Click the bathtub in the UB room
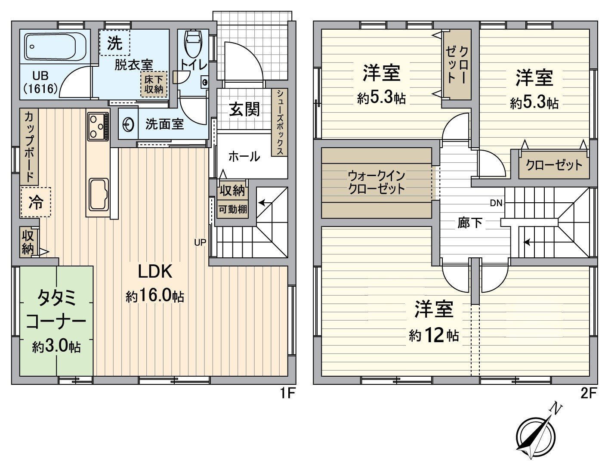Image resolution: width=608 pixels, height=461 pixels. coord(56,46)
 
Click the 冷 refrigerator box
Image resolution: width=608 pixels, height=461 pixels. coord(36,202)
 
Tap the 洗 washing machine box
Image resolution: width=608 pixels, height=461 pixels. coord(114,43)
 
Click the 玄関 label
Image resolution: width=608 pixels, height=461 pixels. coord(244,109)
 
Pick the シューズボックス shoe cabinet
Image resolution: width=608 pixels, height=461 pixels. coord(280,123)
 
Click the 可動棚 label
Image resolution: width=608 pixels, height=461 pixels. coord(233,210)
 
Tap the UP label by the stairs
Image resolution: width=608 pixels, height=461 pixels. coord(200,242)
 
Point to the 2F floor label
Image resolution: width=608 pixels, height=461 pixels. coord(588,393)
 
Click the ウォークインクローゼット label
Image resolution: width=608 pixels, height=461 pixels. coord(377,182)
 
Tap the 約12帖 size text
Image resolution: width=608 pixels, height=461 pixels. coord(433,335)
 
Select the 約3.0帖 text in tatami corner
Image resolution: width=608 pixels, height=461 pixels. coord(56,346)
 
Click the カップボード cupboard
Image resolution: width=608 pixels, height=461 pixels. coord(29,146)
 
